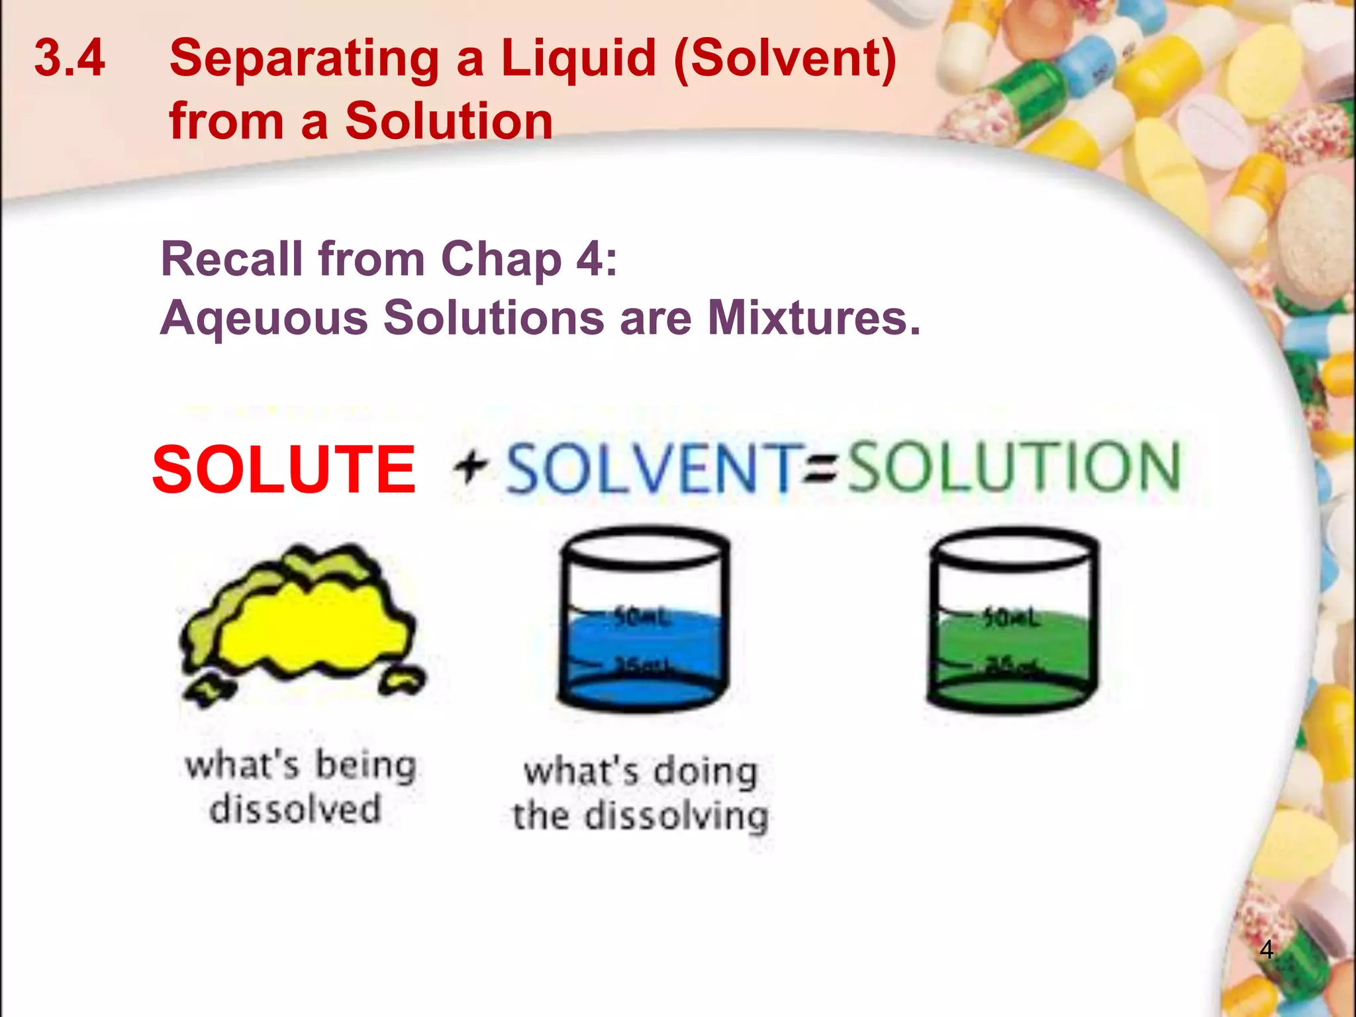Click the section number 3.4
pyautogui.click(x=70, y=58)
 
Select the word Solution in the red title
pyautogui.click(x=449, y=121)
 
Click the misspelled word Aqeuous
pyautogui.click(x=264, y=318)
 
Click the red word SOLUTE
pyautogui.click(x=283, y=469)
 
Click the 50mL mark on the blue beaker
pyautogui.click(x=641, y=617)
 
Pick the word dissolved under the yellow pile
pyautogui.click(x=295, y=808)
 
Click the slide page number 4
pyautogui.click(x=1266, y=949)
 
